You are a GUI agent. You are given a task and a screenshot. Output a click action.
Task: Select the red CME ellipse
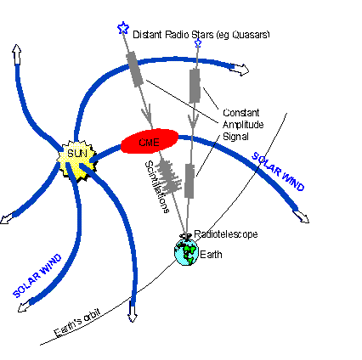[149, 142]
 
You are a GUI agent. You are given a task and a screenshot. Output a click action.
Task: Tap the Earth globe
[184, 251]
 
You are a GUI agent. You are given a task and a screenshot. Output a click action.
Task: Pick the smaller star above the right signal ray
[198, 42]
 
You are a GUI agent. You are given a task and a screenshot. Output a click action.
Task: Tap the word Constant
[240, 111]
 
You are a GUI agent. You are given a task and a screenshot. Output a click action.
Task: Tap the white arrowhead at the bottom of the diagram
[133, 316]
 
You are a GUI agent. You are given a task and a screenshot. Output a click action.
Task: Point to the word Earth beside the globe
[210, 253]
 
